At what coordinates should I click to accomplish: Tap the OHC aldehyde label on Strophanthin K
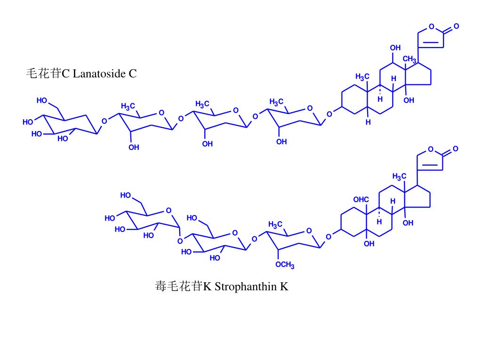pyautogui.click(x=361, y=200)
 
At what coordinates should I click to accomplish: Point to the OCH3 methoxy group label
pyautogui.click(x=285, y=265)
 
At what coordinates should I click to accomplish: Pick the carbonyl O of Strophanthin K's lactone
pyautogui.click(x=456, y=149)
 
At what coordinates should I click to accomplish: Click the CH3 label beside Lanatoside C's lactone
pyautogui.click(x=409, y=59)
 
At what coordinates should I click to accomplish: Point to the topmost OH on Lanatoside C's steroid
pyautogui.click(x=395, y=48)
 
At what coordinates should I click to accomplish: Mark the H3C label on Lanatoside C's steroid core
pyautogui.click(x=362, y=77)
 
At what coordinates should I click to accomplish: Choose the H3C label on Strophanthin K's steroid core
pyautogui.click(x=399, y=177)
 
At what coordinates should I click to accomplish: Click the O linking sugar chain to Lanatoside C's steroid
pyautogui.click(x=329, y=114)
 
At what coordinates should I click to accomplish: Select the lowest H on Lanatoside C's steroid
pyautogui.click(x=369, y=122)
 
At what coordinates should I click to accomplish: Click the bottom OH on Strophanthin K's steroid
pyautogui.click(x=369, y=244)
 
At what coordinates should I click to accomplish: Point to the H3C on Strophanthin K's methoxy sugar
pyautogui.click(x=275, y=224)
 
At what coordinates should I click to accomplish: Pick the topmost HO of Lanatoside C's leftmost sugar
pyautogui.click(x=42, y=100)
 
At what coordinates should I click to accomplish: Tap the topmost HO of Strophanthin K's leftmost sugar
pyautogui.click(x=126, y=195)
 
